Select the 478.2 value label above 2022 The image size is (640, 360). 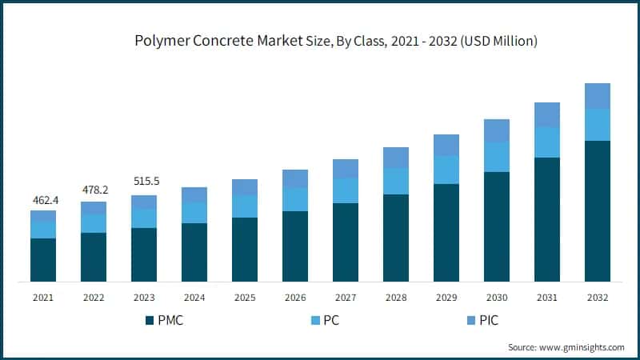94,190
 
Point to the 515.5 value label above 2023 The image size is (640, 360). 144,182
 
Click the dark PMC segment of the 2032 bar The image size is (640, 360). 598,211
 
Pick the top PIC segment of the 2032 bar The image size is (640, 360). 598,96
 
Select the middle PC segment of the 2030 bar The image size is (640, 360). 497,157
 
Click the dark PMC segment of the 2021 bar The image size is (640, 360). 43,260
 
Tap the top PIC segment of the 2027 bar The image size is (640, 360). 346,168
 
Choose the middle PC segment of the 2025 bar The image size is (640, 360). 245,206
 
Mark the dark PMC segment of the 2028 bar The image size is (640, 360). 396,238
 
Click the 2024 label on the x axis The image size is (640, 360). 194,298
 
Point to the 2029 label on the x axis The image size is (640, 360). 446,298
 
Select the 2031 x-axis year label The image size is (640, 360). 547,298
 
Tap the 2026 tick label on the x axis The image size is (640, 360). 295,298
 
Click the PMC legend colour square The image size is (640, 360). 150,320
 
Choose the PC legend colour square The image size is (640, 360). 313,320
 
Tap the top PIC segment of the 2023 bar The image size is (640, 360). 144,202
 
